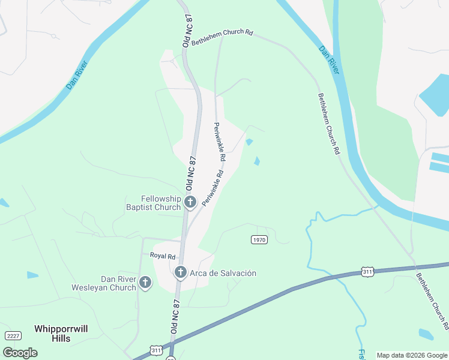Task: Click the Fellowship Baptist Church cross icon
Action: tap(190, 202)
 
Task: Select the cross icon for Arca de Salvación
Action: tap(180, 273)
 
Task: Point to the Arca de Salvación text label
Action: tap(223, 274)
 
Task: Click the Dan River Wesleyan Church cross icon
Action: tap(145, 283)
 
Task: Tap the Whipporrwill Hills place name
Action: tap(61, 334)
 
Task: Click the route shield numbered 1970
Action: tap(259, 239)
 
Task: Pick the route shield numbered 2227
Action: tap(13, 335)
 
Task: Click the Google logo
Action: tap(20, 353)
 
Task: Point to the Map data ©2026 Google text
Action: tap(411, 355)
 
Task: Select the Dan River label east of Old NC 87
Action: tap(330, 61)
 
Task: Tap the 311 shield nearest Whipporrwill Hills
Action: tap(156, 349)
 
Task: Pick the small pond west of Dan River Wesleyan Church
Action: tap(32, 275)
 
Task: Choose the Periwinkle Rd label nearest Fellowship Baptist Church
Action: tap(213, 188)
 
